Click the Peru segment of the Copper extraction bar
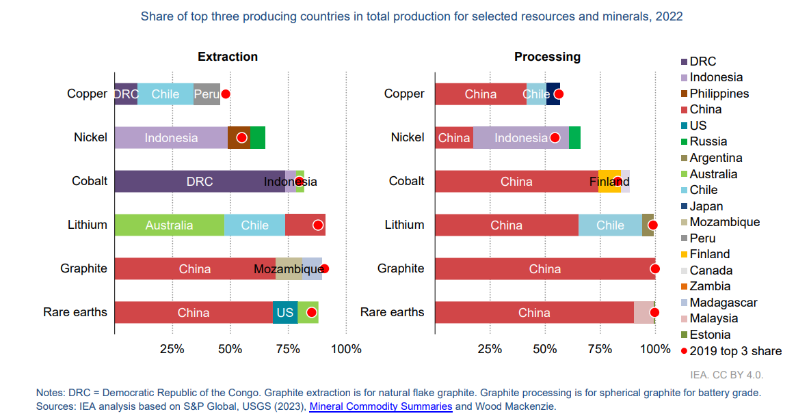click(207, 94)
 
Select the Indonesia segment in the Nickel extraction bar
click(171, 138)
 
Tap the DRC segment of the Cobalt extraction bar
click(199, 182)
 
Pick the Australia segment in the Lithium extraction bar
click(169, 225)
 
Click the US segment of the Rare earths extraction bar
click(284, 313)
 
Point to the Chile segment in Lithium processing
click(610, 225)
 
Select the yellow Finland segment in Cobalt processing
click(609, 182)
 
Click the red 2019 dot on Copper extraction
click(226, 94)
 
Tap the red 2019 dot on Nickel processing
click(555, 138)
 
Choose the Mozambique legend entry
click(724, 222)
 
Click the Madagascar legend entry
click(723, 303)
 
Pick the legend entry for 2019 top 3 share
click(735, 351)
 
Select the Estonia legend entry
click(710, 335)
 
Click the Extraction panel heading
click(228, 57)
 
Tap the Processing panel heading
click(547, 57)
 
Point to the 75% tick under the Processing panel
click(600, 349)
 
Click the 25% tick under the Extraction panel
click(172, 349)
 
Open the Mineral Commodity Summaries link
click(381, 406)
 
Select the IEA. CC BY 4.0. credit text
click(726, 375)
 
